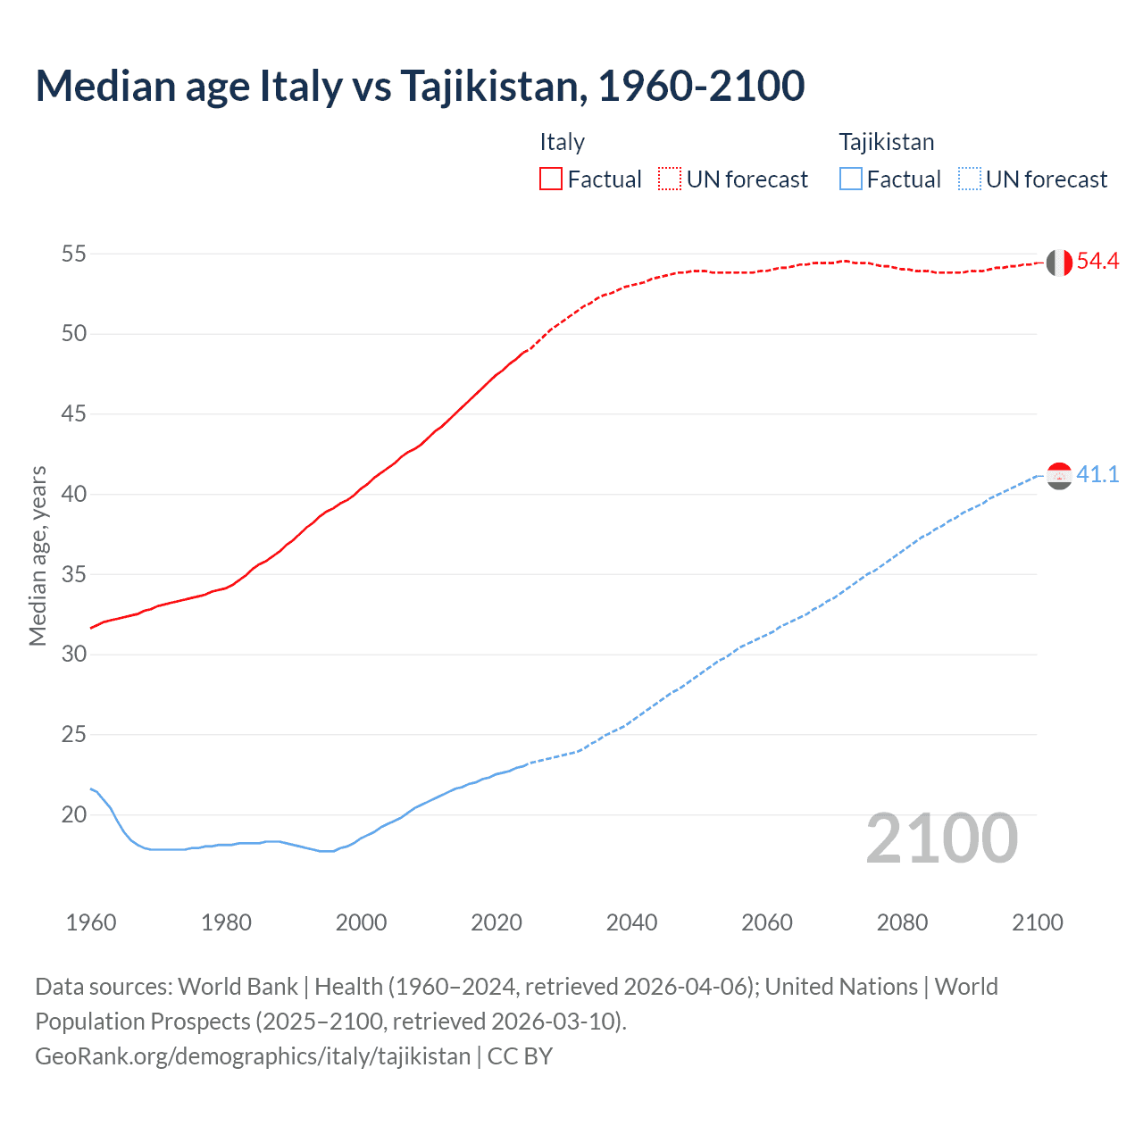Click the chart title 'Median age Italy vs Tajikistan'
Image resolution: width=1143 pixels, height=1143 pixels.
420,86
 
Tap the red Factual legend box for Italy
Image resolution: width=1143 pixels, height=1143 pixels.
551,179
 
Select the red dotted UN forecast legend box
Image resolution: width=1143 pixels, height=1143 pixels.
670,179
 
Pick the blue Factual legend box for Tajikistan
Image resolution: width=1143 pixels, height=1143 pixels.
851,179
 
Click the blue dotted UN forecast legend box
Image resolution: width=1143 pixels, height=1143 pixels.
969,179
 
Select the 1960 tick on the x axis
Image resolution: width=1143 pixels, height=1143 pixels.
91,922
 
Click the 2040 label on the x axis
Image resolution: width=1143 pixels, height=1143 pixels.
631,922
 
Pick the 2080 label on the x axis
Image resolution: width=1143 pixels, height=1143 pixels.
902,922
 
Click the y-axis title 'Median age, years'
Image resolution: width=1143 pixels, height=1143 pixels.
38,555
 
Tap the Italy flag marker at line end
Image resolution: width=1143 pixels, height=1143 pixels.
1059,263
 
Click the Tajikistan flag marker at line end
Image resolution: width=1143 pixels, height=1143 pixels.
1059,476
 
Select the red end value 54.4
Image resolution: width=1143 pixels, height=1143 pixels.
1097,262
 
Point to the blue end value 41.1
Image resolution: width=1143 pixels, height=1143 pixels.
1097,475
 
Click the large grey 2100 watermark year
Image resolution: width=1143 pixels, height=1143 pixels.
941,838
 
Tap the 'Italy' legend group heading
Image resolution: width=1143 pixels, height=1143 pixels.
562,142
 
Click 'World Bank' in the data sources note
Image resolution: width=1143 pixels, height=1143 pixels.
238,987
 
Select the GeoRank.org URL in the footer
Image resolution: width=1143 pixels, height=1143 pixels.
253,1056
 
